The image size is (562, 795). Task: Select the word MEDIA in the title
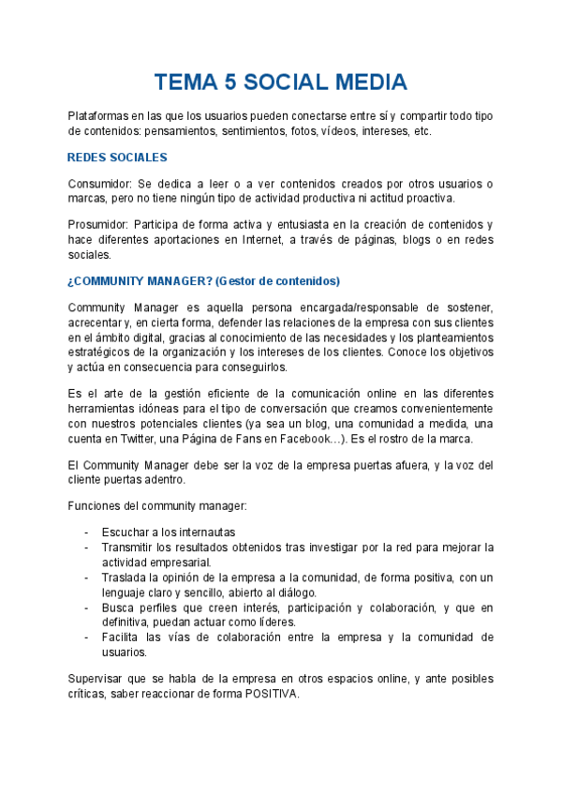pos(365,82)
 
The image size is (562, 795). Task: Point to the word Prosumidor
pos(98,225)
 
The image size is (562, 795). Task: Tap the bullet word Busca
pos(119,607)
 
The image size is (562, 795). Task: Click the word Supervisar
pos(99,679)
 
